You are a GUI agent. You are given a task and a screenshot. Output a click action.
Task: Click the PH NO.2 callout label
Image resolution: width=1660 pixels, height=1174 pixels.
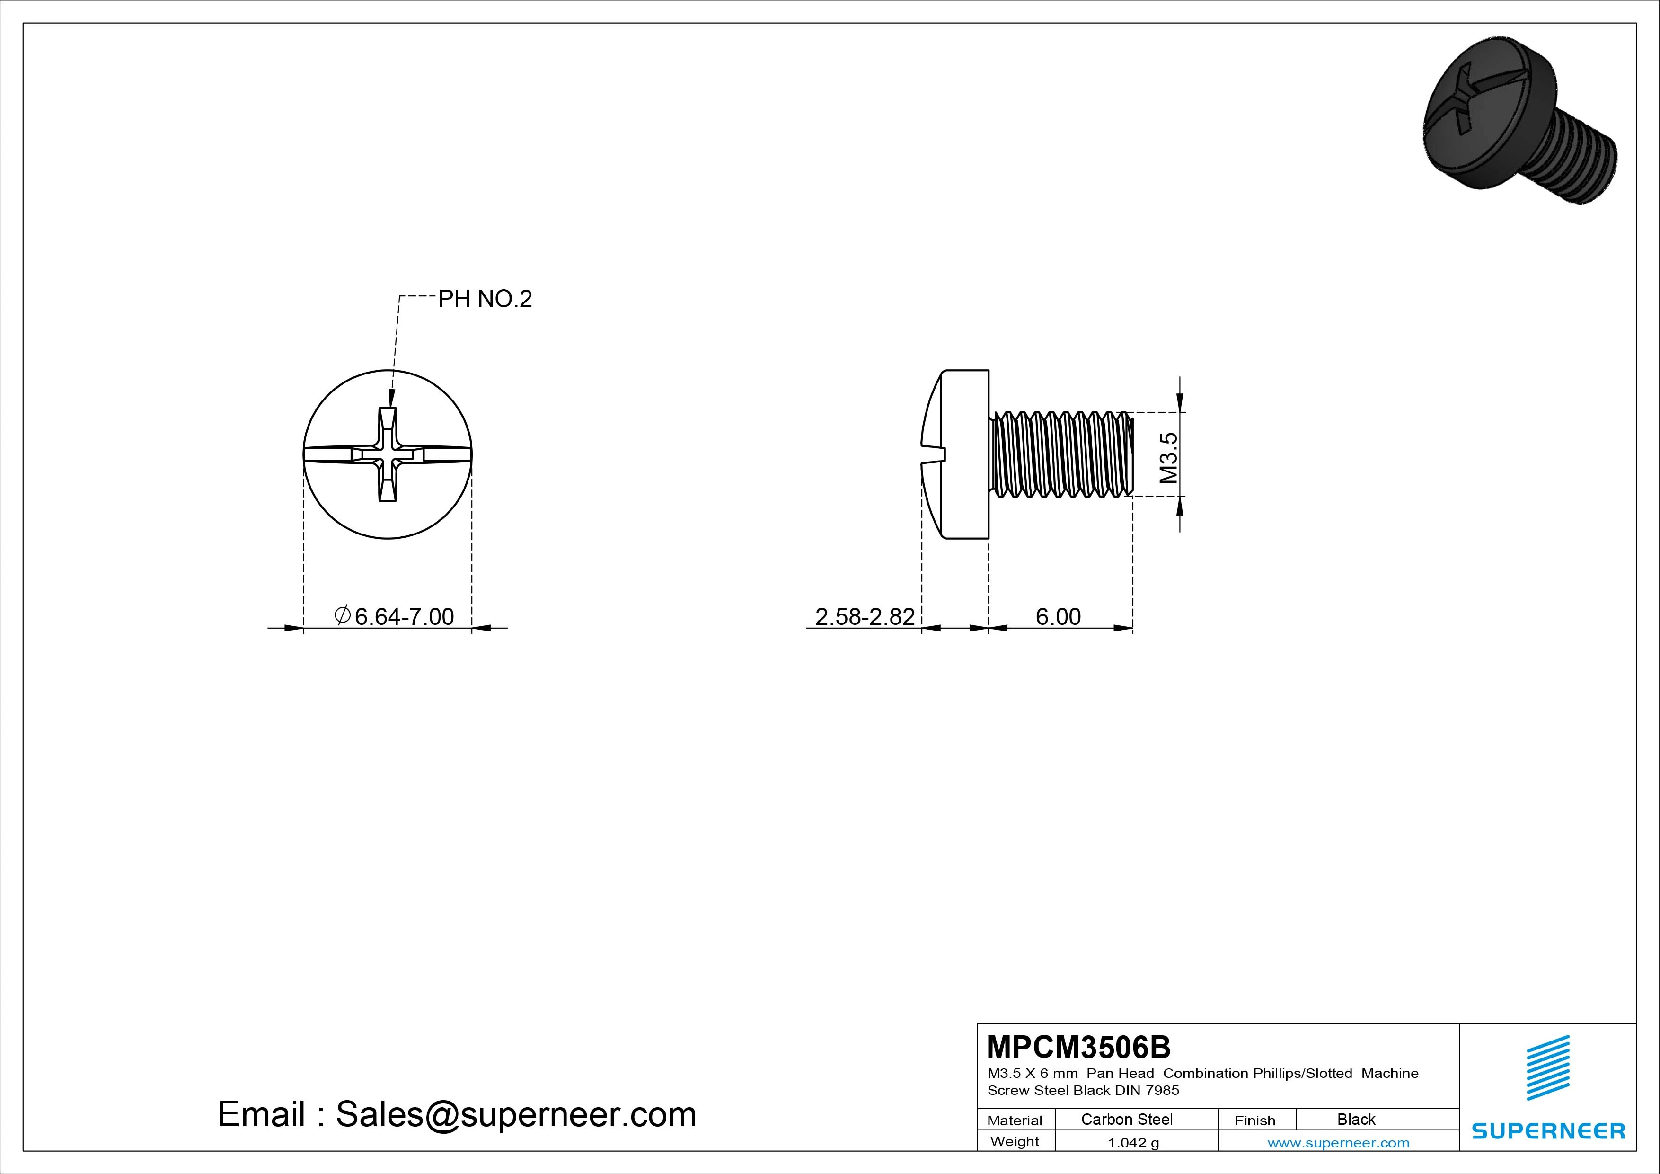point(485,299)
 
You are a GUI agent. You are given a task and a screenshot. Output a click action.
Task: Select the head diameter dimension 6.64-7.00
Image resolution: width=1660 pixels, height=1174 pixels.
point(394,616)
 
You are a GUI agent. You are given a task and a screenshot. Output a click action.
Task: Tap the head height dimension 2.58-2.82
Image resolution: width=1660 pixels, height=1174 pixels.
point(865,616)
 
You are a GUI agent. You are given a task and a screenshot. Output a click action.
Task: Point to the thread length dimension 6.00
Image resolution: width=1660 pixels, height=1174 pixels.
point(1058,616)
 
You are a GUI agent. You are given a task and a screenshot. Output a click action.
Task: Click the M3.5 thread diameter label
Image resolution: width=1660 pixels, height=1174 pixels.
point(1168,458)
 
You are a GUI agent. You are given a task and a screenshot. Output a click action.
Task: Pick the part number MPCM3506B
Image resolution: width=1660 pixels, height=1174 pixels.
point(1078,1047)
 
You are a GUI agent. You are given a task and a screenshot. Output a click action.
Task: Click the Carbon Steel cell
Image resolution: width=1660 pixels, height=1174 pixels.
point(1126,1119)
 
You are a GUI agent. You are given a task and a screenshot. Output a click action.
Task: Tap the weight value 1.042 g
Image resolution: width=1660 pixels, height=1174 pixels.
point(1133,1143)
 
